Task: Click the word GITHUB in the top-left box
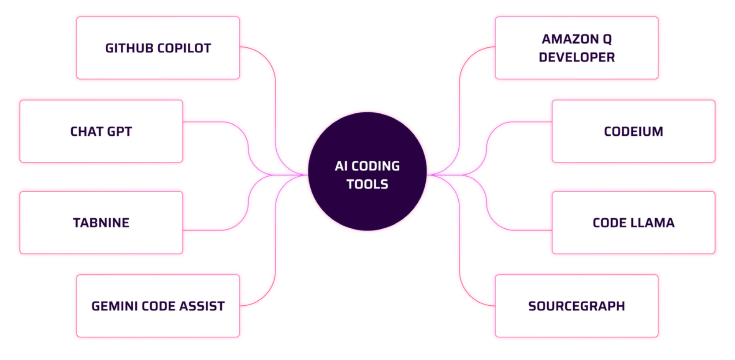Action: [x=129, y=48]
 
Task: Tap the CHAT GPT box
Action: [x=101, y=131]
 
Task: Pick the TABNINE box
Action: [x=101, y=223]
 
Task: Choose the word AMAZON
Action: [x=570, y=39]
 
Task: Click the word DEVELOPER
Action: [x=576, y=57]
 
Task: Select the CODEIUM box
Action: [x=633, y=131]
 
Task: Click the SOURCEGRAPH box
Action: [x=576, y=306]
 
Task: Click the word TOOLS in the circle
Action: [x=367, y=184]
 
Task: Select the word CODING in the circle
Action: [x=375, y=166]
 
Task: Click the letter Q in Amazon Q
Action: [x=607, y=39]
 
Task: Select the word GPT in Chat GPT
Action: [x=119, y=131]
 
